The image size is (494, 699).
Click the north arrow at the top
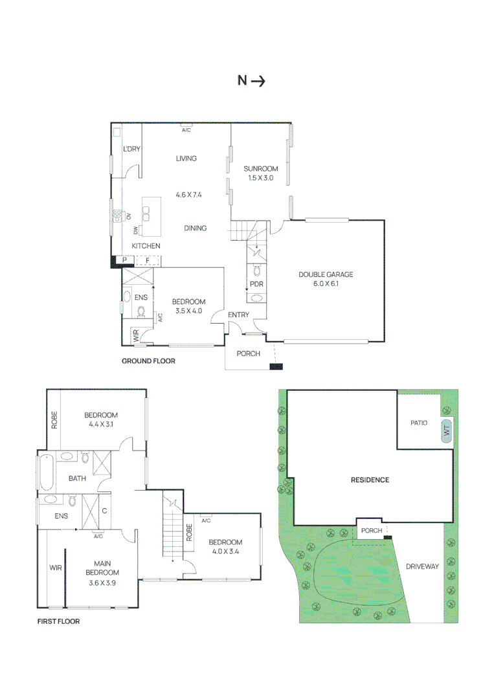(258, 81)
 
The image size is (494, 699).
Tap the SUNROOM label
(261, 168)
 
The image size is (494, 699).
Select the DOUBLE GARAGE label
(326, 274)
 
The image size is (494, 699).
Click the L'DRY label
(131, 149)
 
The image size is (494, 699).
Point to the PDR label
(256, 284)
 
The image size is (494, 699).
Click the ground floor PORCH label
(249, 353)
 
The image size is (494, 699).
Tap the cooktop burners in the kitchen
(118, 216)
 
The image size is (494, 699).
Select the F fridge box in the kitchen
(148, 260)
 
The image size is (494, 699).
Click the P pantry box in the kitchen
(125, 260)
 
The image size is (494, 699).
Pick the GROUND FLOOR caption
(148, 361)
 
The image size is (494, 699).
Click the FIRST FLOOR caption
(58, 621)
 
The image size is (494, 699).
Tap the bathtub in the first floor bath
(47, 472)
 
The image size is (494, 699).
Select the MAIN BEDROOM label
(102, 568)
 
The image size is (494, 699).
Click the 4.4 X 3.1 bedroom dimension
(101, 425)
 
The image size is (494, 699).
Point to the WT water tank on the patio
(446, 431)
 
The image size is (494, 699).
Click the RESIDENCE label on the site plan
(370, 480)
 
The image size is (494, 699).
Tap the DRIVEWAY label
(422, 566)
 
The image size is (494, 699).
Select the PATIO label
(419, 423)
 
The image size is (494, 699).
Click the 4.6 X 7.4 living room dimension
(188, 195)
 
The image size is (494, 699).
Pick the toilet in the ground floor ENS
(142, 311)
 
